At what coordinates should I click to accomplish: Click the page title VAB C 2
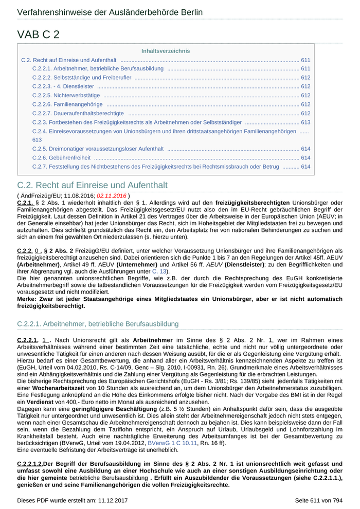click(x=39, y=34)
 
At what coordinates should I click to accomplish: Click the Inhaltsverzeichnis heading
click(x=166, y=51)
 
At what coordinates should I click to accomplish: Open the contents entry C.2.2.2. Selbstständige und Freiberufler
click(x=82, y=78)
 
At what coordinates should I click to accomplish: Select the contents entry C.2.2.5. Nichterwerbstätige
click(x=66, y=95)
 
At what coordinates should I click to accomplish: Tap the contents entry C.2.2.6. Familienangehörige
click(x=67, y=104)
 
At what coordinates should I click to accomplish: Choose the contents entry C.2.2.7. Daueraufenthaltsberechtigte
click(x=78, y=113)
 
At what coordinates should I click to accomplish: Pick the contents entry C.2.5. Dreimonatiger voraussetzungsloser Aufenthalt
click(x=98, y=149)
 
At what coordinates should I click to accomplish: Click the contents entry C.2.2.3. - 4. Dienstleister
click(x=63, y=86)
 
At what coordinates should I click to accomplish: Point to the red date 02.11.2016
click(x=112, y=196)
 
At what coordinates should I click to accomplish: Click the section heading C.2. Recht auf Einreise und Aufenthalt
click(x=93, y=185)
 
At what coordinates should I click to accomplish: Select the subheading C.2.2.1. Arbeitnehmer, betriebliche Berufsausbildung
click(x=98, y=324)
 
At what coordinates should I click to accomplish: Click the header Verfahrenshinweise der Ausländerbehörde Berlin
click(x=110, y=12)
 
